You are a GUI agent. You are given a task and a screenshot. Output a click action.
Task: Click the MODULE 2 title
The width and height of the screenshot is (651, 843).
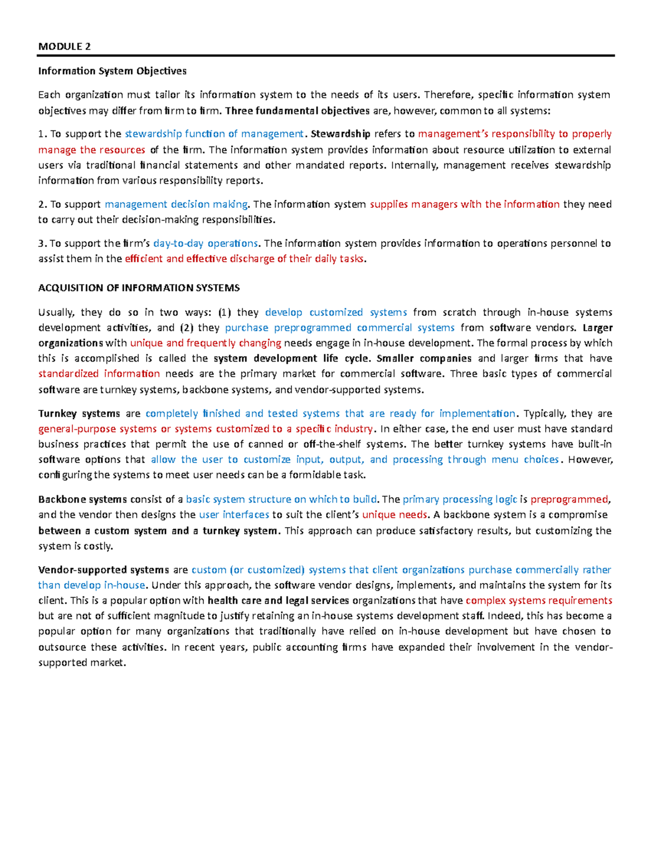(64, 46)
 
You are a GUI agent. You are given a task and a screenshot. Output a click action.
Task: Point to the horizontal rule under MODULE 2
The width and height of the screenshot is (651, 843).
(325, 55)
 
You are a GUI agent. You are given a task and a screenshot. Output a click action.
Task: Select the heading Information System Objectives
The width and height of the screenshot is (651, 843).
(112, 71)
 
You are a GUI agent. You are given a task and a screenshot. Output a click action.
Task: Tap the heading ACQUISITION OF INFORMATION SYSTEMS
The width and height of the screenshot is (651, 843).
(139, 288)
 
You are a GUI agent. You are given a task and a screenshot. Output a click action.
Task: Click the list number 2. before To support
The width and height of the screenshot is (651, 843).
(42, 204)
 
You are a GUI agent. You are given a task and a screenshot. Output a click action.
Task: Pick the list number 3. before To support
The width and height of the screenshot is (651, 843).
(42, 243)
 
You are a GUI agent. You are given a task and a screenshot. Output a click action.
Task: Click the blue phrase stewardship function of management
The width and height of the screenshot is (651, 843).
(214, 134)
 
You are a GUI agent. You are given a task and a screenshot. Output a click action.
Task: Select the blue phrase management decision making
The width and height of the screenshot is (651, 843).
(176, 204)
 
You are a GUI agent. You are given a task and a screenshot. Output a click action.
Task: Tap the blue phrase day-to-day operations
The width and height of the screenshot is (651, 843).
(206, 243)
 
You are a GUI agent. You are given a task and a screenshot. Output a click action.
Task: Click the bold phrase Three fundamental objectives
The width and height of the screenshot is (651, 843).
(297, 111)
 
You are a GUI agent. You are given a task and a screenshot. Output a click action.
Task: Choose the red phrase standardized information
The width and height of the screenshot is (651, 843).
(99, 373)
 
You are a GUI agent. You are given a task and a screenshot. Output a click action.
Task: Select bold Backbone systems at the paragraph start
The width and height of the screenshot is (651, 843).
(82, 499)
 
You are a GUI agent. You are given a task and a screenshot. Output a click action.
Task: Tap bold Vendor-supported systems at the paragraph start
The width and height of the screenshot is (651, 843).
(104, 570)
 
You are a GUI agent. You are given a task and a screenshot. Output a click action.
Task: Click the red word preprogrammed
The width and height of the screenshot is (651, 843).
(570, 499)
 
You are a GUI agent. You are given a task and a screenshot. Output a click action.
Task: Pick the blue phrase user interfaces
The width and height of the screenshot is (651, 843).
(234, 515)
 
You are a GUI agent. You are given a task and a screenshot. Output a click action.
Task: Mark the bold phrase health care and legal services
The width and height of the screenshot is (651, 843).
(278, 600)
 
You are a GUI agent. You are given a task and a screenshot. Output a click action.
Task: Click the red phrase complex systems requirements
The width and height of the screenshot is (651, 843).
(539, 600)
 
